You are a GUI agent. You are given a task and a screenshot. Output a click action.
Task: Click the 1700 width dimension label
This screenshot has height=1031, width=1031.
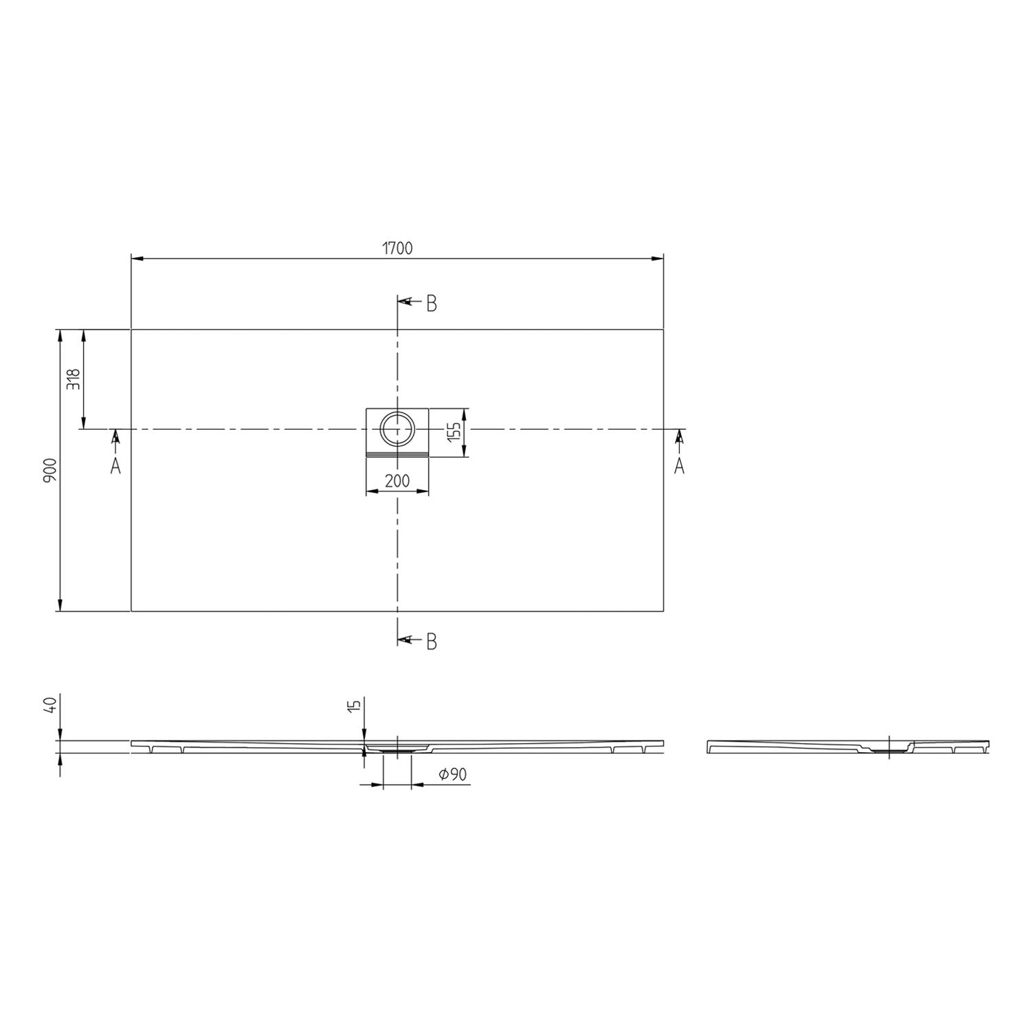tap(397, 248)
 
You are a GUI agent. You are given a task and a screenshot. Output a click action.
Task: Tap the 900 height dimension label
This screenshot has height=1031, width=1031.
tap(49, 470)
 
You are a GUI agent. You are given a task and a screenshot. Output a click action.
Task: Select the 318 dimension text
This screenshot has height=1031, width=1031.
tap(74, 379)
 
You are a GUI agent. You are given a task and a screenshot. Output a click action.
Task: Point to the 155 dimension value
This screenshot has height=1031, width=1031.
tap(453, 433)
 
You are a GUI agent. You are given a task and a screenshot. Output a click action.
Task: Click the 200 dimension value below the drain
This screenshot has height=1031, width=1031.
tap(397, 480)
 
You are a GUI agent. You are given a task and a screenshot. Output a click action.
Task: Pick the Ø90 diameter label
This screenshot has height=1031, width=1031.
tap(452, 775)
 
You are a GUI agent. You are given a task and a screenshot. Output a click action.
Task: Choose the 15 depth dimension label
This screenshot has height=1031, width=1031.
tap(354, 706)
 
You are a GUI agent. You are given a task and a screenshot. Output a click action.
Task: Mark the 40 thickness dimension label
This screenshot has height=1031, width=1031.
tap(49, 706)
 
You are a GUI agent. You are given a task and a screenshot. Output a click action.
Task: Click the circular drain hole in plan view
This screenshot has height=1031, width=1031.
tap(397, 429)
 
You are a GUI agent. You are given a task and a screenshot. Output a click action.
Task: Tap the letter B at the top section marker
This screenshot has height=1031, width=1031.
tap(432, 303)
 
